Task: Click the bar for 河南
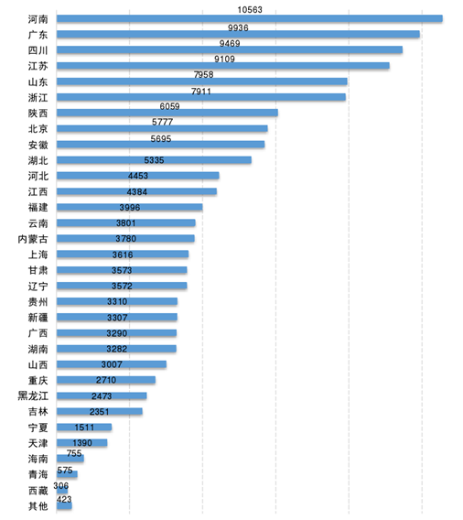(249, 18)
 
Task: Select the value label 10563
(250, 10)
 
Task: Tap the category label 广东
(38, 35)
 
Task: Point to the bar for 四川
(230, 49)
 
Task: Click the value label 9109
(224, 59)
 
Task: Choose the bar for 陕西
(167, 113)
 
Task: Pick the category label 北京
(38, 129)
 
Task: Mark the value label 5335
(154, 160)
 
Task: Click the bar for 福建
(129, 207)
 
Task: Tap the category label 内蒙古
(33, 239)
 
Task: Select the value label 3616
(123, 255)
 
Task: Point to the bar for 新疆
(116, 317)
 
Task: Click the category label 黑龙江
(33, 395)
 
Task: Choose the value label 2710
(106, 380)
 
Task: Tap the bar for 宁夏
(84, 427)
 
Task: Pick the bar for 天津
(81, 442)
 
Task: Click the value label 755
(74, 453)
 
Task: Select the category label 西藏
(38, 490)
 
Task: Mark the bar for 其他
(64, 505)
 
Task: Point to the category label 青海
(38, 474)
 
